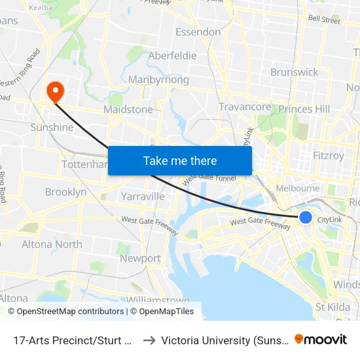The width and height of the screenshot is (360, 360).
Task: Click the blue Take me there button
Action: click(x=180, y=160)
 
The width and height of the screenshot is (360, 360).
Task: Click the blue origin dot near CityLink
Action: click(x=306, y=217)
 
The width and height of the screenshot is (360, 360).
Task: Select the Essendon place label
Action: click(x=198, y=32)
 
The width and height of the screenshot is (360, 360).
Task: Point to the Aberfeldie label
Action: click(x=173, y=56)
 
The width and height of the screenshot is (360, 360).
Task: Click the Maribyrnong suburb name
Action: click(x=159, y=80)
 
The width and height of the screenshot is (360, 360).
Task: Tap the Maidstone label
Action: click(x=128, y=110)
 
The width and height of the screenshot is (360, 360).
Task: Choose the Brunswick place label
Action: click(x=294, y=72)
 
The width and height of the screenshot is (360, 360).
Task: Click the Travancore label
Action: click(x=245, y=107)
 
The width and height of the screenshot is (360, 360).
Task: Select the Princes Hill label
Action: click(x=304, y=109)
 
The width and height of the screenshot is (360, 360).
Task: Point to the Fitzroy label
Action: click(x=328, y=156)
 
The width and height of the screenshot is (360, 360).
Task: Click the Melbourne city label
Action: click(x=298, y=189)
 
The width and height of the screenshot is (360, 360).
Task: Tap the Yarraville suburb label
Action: click(x=143, y=196)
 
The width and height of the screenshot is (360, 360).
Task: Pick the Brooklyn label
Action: click(x=65, y=192)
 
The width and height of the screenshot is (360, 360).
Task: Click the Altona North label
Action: click(x=52, y=244)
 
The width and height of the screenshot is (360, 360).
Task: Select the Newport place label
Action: click(x=140, y=259)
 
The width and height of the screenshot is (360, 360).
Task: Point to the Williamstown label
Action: click(x=158, y=300)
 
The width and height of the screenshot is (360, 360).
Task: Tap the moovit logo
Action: click(x=321, y=339)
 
